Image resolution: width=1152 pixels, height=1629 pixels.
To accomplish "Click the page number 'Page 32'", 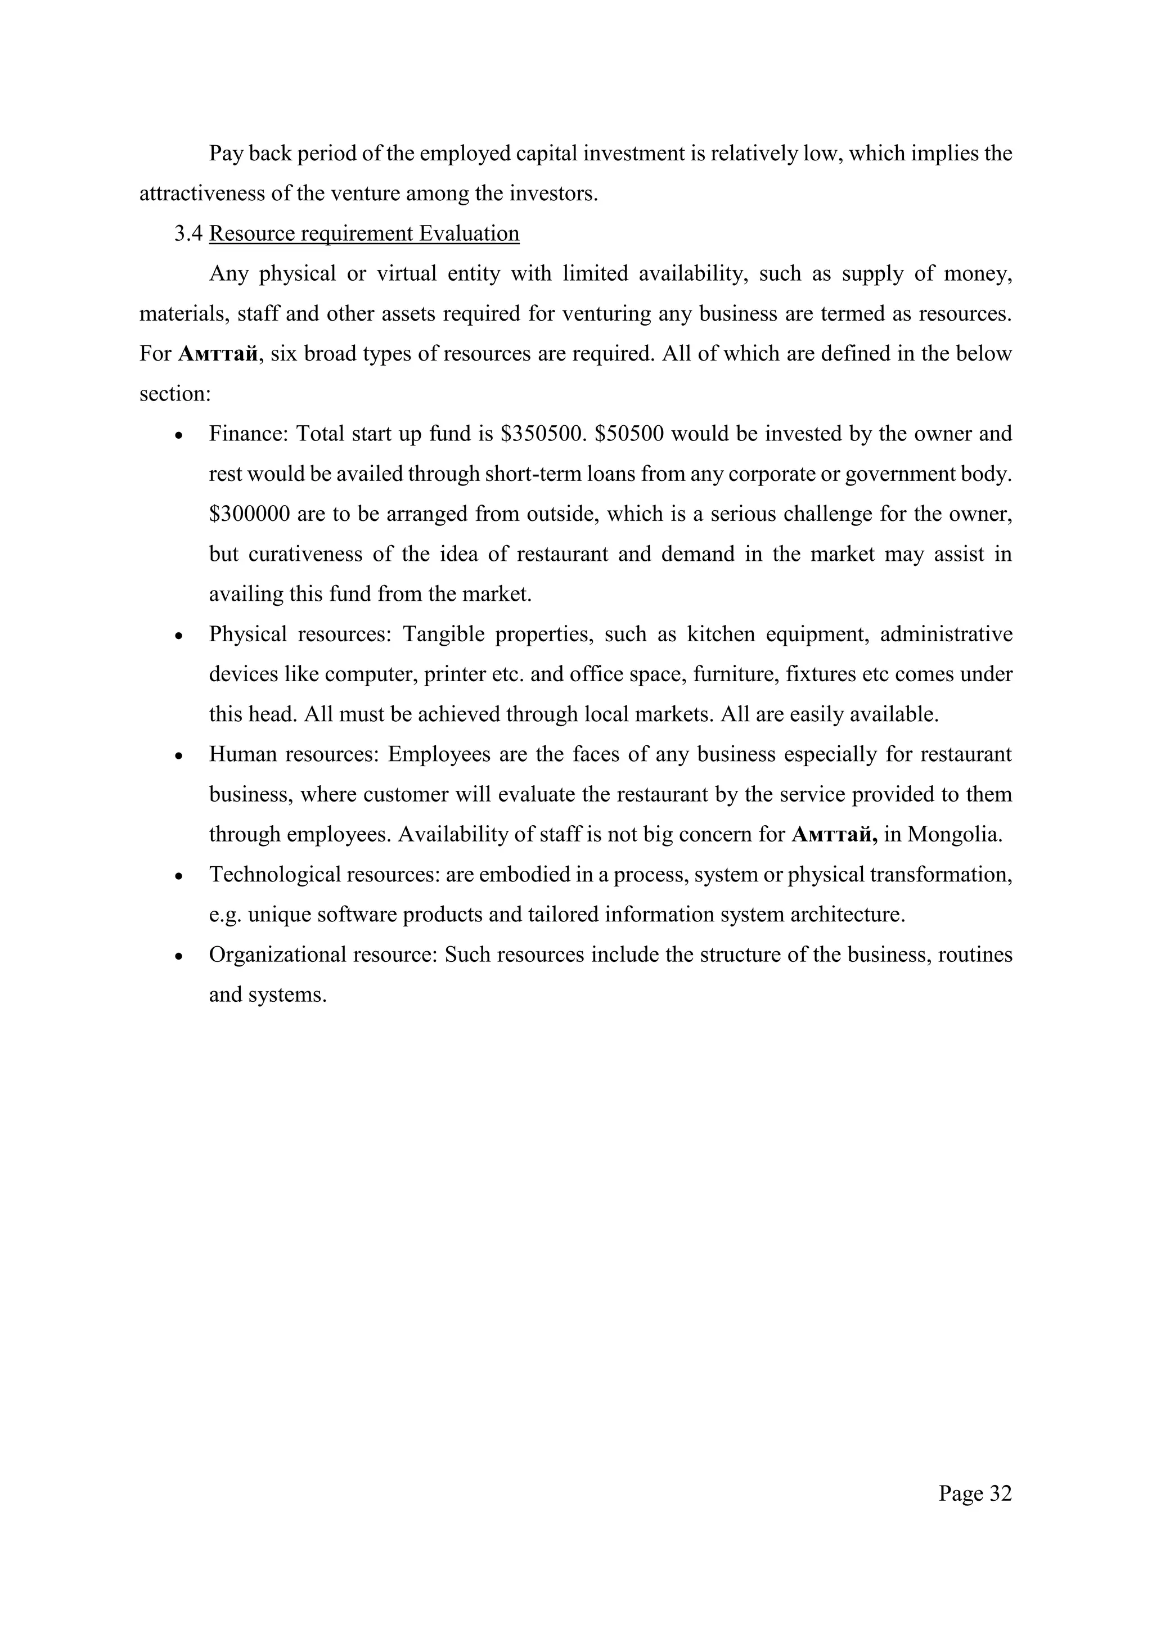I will pyautogui.click(x=975, y=1493).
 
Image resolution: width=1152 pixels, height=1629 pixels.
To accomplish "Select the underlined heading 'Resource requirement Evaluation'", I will pyautogui.click(x=364, y=233).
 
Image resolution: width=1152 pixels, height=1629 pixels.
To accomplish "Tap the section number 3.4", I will pyautogui.click(x=188, y=233).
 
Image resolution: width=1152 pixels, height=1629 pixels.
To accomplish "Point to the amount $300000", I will pyautogui.click(x=249, y=514).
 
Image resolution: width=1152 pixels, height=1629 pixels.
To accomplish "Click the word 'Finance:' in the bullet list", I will pyautogui.click(x=247, y=434).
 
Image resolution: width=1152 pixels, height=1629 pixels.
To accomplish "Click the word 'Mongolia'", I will pyautogui.click(x=954, y=834).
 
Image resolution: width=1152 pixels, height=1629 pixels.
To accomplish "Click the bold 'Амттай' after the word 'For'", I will pyautogui.click(x=218, y=354).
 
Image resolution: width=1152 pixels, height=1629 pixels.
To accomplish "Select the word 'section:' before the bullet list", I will pyautogui.click(x=174, y=394).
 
